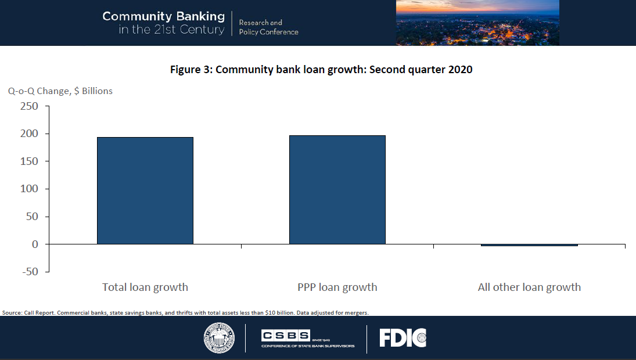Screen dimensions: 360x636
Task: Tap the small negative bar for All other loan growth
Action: (529, 245)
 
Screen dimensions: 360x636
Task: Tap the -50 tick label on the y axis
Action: (27, 272)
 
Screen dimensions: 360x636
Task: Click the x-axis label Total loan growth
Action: (145, 287)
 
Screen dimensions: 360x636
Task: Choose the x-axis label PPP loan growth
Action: (337, 287)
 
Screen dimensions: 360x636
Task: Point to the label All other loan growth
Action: (529, 287)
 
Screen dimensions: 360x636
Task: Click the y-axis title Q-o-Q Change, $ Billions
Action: (60, 91)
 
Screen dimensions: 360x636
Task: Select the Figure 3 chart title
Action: (321, 70)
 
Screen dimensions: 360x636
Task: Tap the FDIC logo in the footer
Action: (403, 338)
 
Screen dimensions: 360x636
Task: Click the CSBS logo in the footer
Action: (307, 338)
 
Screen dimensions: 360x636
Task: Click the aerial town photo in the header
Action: (477, 23)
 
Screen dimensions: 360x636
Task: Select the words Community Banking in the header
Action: (163, 16)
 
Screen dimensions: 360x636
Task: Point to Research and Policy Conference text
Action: (268, 27)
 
